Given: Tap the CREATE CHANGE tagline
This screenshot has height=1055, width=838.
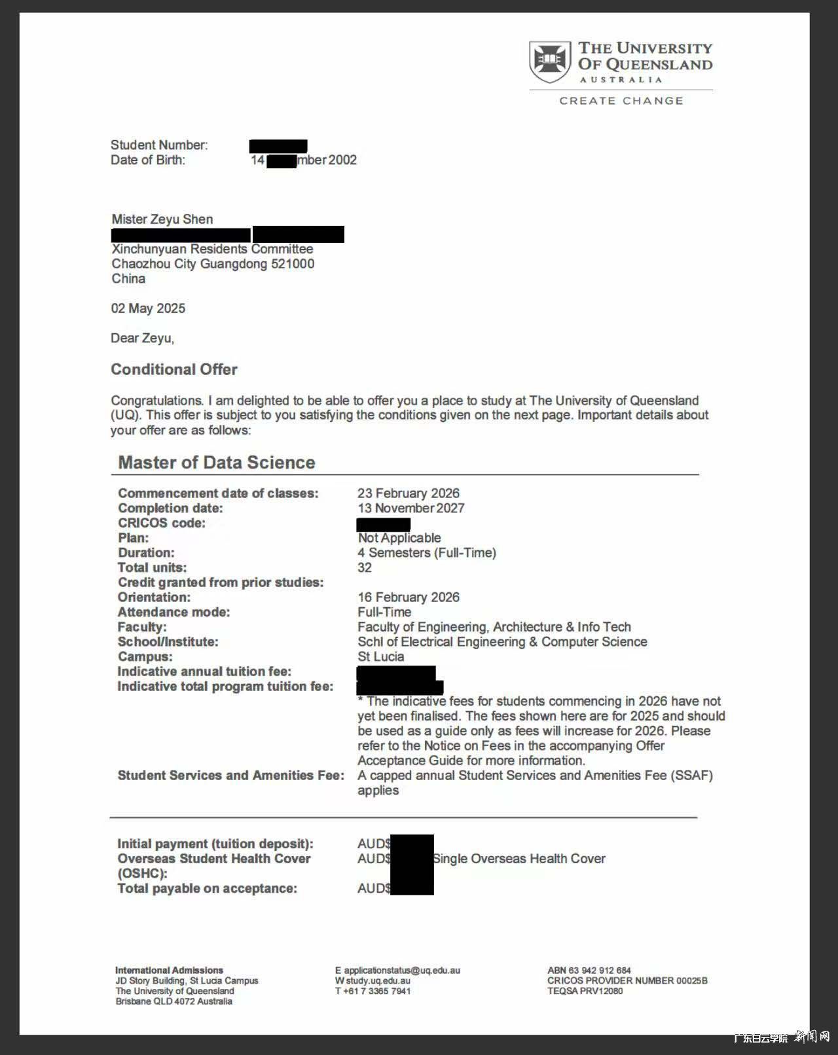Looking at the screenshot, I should pos(621,101).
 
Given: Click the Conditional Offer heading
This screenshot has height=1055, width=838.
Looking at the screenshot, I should pos(174,369).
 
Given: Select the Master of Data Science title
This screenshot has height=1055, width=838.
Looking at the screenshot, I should pos(216,463).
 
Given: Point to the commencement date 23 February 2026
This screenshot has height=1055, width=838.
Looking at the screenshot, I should pos(409,493).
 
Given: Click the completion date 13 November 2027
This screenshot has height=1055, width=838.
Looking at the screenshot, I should pos(410,508).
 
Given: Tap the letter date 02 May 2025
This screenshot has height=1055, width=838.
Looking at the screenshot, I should pos(148,308).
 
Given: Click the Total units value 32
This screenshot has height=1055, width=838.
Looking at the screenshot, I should pos(365,567).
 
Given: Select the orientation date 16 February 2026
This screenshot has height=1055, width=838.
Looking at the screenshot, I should pos(409,597).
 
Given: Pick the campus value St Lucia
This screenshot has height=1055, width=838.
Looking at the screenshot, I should pos(380,656).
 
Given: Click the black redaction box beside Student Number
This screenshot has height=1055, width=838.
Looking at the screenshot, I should pos(278,145).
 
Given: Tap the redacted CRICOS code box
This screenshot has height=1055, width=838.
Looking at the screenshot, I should pos(384,524).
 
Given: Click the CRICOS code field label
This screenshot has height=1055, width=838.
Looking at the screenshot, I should pos(162,523).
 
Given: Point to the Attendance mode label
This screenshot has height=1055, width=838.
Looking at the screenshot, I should pos(173,612).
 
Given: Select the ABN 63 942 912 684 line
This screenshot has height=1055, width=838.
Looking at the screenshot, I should pos(589,970).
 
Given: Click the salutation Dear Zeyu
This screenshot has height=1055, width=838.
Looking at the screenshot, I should pos(142,338).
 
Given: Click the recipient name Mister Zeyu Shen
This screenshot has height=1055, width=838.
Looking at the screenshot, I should pos(162,219).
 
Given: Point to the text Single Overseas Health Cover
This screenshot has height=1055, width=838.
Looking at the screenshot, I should pos(519,858).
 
